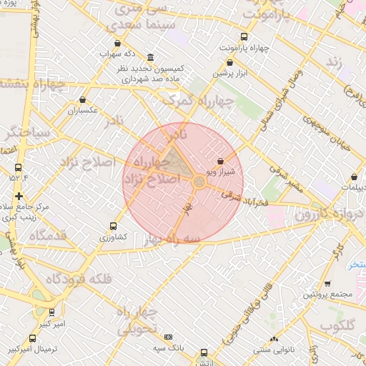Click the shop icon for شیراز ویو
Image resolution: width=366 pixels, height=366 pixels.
219,162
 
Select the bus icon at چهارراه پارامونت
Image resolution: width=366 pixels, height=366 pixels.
244,37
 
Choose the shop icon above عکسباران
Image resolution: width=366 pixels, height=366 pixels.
84,101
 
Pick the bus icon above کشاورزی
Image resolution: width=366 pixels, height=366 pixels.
112,226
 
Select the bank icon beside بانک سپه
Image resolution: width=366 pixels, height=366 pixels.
168,337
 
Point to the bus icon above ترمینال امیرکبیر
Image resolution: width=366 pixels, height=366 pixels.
32,338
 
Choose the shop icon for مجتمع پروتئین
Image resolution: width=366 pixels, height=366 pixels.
327,284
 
